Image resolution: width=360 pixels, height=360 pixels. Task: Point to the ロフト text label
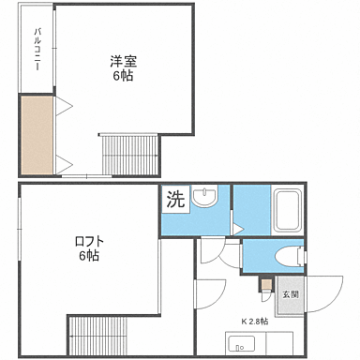pyautogui.click(x=89, y=241)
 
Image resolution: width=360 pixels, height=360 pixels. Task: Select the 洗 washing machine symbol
pyautogui.click(x=175, y=199)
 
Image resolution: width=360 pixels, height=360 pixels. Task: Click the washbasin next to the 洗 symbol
pyautogui.click(x=203, y=198)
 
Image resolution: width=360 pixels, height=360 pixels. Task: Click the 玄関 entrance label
pyautogui.click(x=291, y=293)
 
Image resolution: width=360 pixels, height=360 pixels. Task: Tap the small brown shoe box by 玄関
pyautogui.click(x=267, y=283)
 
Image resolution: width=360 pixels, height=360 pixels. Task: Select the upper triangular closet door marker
pyautogui.click(x=63, y=107)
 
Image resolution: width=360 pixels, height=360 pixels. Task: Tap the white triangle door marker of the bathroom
pyautogui.click(x=238, y=228)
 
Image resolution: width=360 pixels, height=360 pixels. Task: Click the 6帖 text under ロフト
pyautogui.click(x=89, y=256)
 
